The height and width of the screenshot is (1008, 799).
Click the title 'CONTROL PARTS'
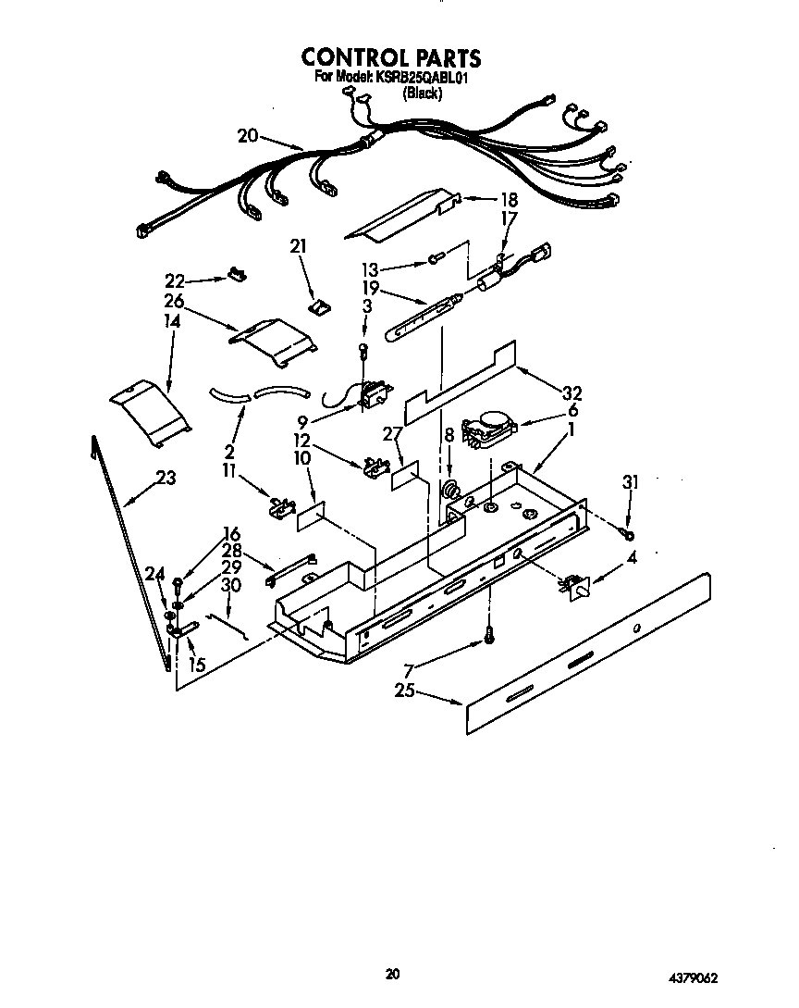coord(391,57)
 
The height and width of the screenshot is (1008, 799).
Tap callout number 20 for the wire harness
coord(247,135)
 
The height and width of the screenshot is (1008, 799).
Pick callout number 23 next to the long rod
coord(166,479)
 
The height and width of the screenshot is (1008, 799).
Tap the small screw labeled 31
coord(628,534)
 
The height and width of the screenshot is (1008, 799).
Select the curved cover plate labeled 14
coord(148,407)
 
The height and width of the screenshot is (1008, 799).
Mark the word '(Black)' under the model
coord(422,93)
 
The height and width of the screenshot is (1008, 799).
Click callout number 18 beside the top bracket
coord(509,200)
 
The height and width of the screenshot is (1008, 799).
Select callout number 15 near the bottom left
coord(197,664)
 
